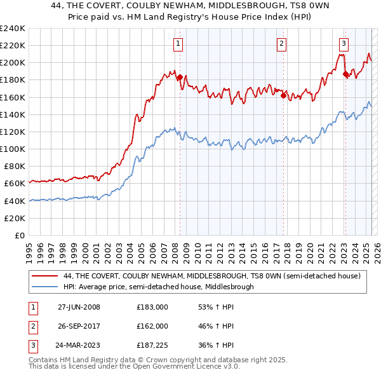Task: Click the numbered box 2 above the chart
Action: click(x=281, y=44)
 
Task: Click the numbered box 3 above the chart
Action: click(x=343, y=44)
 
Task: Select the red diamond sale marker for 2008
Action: click(x=180, y=78)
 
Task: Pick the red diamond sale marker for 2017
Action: click(x=283, y=96)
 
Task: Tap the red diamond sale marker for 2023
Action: click(x=345, y=74)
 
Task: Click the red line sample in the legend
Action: click(x=46, y=276)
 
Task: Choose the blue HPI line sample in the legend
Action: click(x=46, y=287)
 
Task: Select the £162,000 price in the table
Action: click(x=152, y=326)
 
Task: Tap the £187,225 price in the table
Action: click(x=152, y=346)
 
